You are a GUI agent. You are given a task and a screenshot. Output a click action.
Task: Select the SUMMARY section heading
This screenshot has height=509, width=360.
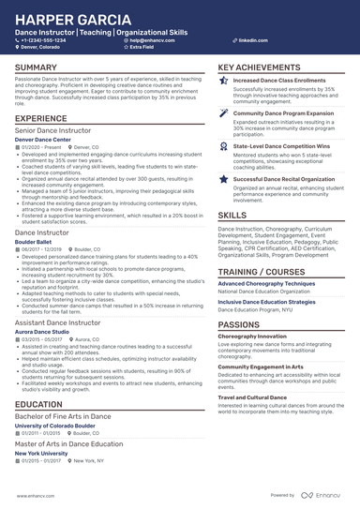[36, 67]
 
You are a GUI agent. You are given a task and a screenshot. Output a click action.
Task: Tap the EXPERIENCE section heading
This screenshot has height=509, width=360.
[40, 119]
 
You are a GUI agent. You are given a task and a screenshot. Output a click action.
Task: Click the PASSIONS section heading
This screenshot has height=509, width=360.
[239, 323]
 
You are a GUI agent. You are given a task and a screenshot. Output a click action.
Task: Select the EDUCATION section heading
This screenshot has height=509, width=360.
[39, 404]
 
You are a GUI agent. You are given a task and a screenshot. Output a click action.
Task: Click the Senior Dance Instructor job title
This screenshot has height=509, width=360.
[52, 131]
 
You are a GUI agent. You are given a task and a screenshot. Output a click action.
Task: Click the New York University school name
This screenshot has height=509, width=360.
[41, 453]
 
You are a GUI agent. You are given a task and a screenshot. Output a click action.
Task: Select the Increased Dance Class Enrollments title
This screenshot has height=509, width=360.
[278, 81]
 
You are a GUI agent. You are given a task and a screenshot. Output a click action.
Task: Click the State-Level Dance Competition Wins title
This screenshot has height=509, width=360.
[280, 146]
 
